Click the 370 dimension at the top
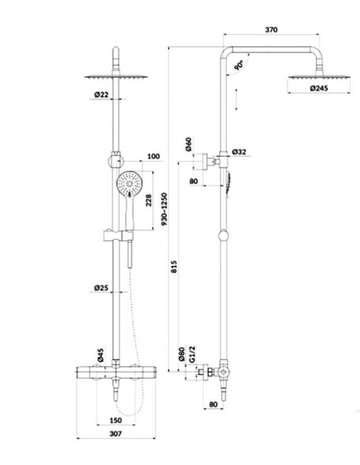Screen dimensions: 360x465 pos(271,29)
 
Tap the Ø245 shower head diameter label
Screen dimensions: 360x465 pos(319,88)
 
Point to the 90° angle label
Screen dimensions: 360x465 pos(239,64)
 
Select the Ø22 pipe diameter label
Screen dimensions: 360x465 pos(101,95)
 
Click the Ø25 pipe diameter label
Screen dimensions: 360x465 pos(101,287)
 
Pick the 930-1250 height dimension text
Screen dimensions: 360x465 pos(165,209)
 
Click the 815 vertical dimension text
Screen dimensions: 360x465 pos(174,267)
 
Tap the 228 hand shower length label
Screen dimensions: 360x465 pos(149,200)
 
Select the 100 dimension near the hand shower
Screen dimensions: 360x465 pos(153,156)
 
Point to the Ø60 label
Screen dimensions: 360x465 pos(189,144)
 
